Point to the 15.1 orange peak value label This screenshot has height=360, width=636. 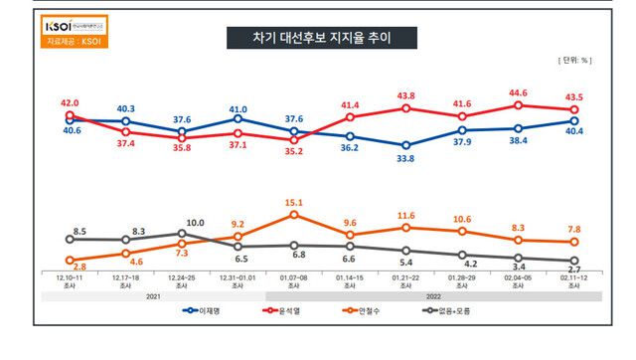[295, 202]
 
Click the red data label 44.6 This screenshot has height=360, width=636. [518, 92]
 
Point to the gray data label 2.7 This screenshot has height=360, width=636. [574, 269]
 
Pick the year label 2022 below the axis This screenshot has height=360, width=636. [434, 295]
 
